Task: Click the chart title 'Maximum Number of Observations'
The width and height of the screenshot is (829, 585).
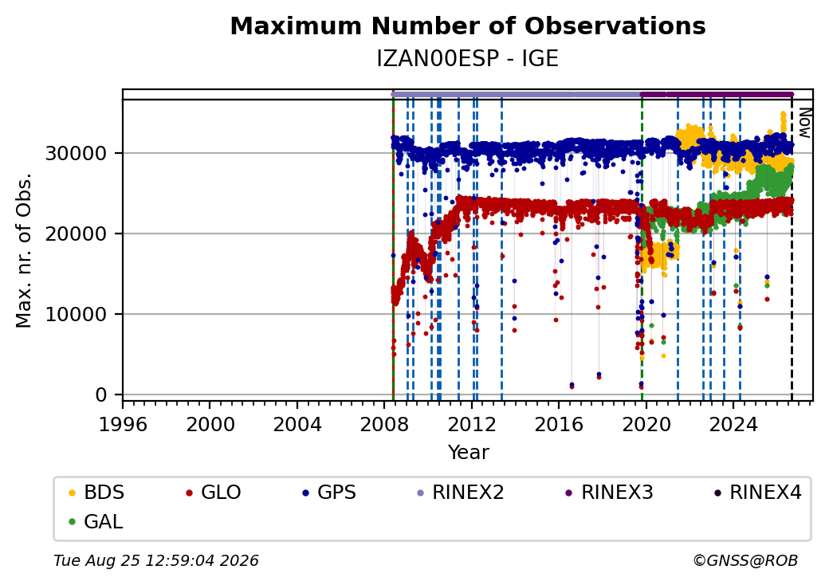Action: coord(468,26)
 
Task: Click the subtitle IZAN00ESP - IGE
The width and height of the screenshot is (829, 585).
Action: coord(468,59)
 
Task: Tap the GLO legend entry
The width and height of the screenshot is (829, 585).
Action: coord(214,493)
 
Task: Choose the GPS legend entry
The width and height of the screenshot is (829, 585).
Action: coord(329,493)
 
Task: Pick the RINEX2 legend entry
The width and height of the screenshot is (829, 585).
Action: coord(461,493)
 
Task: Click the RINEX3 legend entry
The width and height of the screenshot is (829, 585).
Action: coord(610,493)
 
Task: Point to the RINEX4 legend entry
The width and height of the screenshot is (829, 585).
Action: coord(757,493)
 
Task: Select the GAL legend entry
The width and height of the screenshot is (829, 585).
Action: coord(96,521)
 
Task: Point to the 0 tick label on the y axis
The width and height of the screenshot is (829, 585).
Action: coord(101,395)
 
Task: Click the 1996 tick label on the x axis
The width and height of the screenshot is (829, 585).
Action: coord(123,424)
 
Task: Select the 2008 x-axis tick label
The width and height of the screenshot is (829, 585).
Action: coord(384,424)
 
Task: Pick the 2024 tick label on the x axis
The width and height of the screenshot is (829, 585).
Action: coord(733,424)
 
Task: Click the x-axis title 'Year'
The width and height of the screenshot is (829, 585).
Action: coord(469,453)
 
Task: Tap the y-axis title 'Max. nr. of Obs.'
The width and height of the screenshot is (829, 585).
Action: coord(24,250)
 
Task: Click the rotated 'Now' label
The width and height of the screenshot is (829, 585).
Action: coord(805,123)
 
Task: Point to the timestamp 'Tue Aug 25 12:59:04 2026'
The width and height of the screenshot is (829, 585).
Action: coord(156,560)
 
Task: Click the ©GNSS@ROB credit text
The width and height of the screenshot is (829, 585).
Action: coord(745,560)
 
